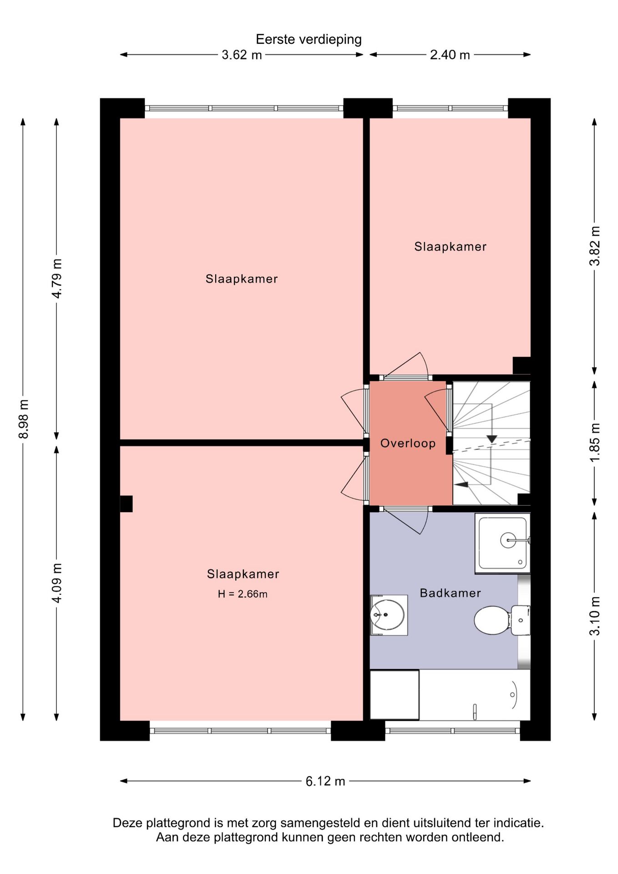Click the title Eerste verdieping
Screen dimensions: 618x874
click(x=309, y=40)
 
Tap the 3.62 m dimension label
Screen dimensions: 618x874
click(x=242, y=55)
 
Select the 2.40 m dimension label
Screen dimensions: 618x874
click(x=450, y=55)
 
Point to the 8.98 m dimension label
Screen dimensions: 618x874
click(x=24, y=419)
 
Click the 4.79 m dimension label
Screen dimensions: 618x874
click(x=57, y=279)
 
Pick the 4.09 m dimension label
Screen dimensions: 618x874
click(x=57, y=583)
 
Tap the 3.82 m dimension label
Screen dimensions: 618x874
click(x=595, y=246)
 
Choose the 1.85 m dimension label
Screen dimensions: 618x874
click(x=595, y=442)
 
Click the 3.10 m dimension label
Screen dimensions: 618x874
click(x=595, y=616)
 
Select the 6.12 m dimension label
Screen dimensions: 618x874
click(x=325, y=781)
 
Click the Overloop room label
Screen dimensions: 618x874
click(x=408, y=443)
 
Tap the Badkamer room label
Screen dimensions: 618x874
click(x=450, y=593)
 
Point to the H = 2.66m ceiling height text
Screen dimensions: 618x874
click(x=243, y=594)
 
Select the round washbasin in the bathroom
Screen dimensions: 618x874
click(x=388, y=615)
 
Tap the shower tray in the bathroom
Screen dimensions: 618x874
click(x=502, y=544)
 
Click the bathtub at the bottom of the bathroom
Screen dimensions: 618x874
click(x=475, y=695)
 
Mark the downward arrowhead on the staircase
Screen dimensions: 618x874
click(x=491, y=439)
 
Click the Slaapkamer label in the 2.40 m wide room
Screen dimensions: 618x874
click(x=450, y=247)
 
